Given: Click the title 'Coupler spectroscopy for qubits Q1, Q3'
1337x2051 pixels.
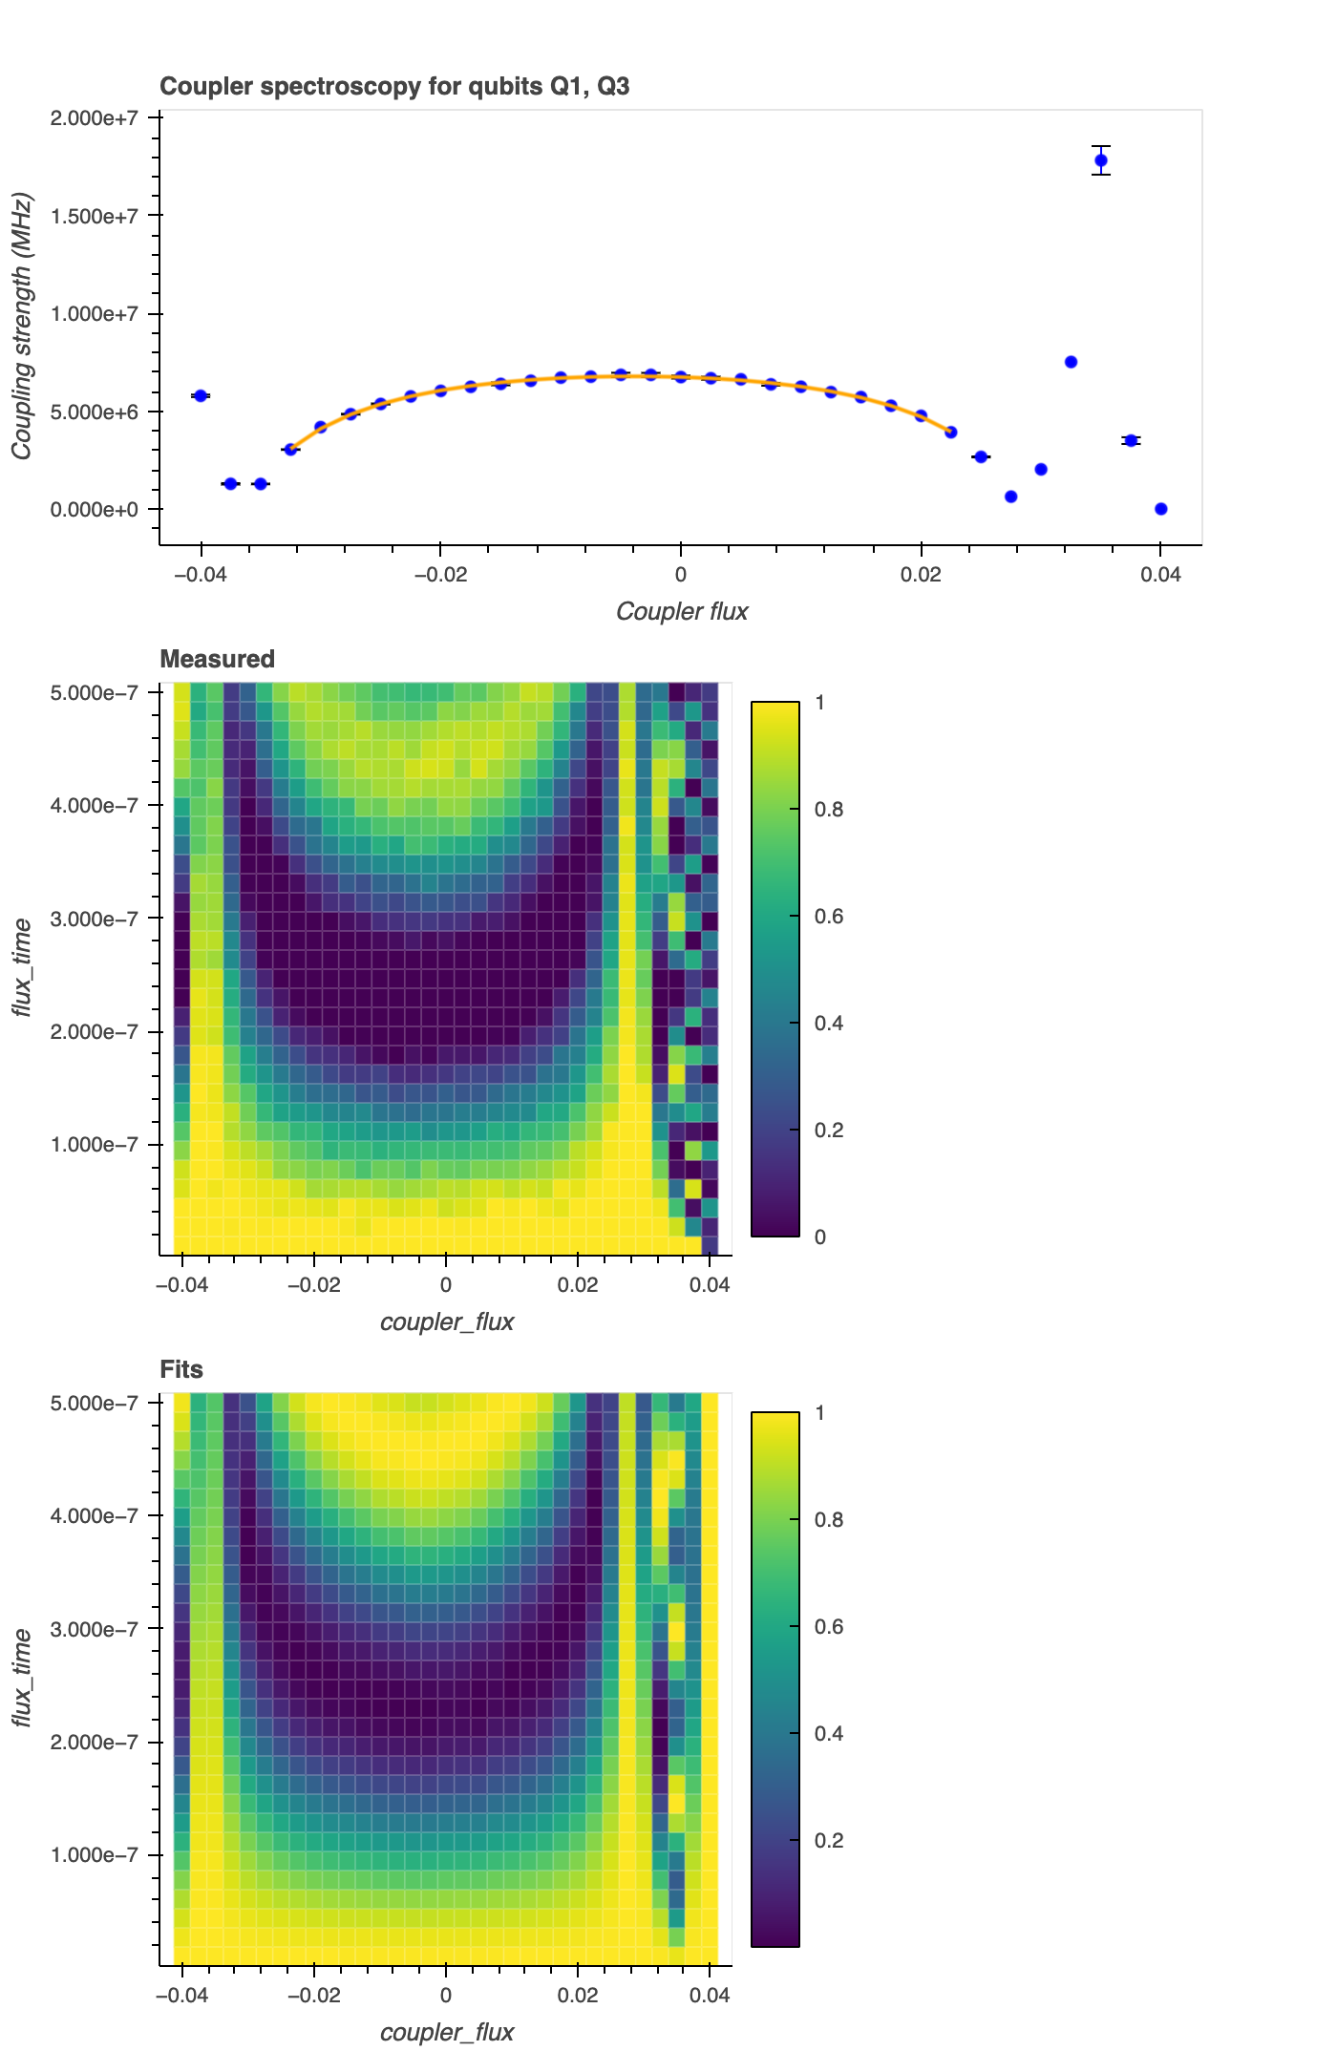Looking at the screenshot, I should (394, 87).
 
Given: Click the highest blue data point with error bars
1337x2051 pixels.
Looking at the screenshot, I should (1101, 160).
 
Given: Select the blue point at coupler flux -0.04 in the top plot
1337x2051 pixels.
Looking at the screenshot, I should (201, 395).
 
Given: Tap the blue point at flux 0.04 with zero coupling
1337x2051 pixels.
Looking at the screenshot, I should (1161, 509).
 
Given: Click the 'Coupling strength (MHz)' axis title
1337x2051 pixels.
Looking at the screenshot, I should (22, 327).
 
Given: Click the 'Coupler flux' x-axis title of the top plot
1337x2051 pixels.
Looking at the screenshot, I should (682, 611).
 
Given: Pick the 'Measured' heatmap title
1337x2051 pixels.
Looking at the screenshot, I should (217, 659).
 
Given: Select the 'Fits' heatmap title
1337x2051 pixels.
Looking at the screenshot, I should (181, 1369).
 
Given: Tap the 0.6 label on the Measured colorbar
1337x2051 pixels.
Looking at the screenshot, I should (829, 917).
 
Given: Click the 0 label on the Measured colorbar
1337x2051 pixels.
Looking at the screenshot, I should (820, 1237).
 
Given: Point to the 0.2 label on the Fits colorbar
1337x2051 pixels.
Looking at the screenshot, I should (829, 1841).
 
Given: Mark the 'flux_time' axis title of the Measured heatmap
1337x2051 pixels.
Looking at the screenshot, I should (22, 968).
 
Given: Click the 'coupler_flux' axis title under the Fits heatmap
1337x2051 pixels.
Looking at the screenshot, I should (447, 2032).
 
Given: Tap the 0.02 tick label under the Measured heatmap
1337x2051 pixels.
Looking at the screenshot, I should (578, 1285).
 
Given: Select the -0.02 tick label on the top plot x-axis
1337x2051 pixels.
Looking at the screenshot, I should (440, 575).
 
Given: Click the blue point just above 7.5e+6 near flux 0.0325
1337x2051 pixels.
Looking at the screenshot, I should (1072, 362).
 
